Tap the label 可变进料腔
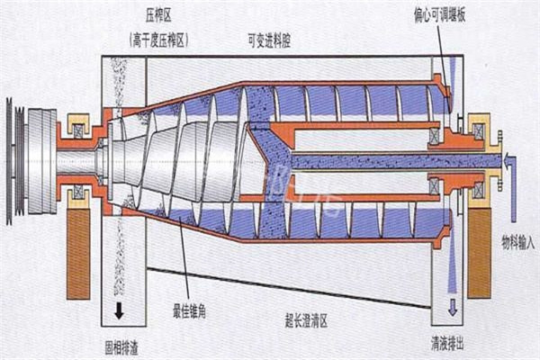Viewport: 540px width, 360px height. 274,39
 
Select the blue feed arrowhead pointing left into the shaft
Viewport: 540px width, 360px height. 510,161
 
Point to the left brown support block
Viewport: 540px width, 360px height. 78,253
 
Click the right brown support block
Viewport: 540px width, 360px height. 478,253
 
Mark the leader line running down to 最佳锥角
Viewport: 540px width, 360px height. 184,261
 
